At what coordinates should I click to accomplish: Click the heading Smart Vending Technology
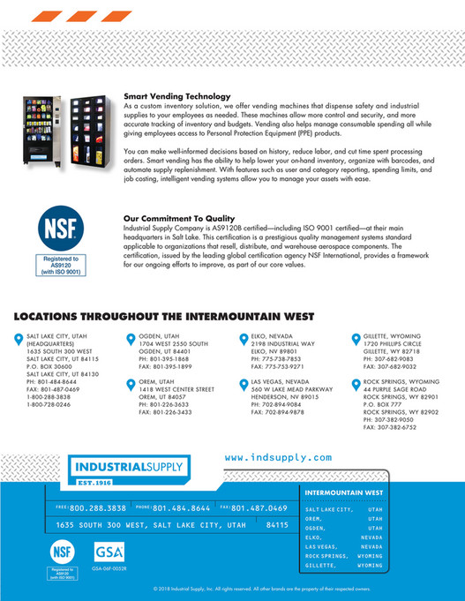175,94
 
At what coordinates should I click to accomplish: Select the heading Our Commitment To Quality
179,218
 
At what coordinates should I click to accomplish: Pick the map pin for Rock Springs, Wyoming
356,382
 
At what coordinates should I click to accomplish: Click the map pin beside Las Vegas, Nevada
244,382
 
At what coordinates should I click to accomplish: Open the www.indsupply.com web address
278,457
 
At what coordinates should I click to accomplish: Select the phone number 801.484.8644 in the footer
181,508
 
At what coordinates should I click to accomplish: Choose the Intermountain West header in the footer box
343,492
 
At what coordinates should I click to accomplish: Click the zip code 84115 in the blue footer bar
277,524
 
